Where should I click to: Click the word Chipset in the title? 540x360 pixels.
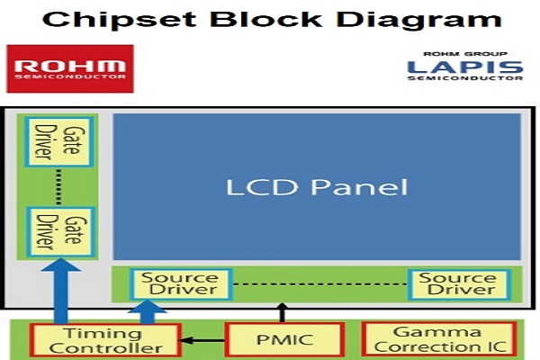pyautogui.click(x=120, y=21)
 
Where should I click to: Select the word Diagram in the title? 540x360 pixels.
pyautogui.click(x=418, y=21)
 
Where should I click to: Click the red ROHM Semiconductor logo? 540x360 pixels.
pyautogui.click(x=70, y=68)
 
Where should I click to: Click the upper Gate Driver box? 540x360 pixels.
pyautogui.click(x=59, y=142)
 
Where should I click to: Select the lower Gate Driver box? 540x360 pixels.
pyautogui.click(x=60, y=231)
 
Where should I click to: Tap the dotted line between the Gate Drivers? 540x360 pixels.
pyautogui.click(x=59, y=186)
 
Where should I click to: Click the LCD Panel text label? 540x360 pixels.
pyautogui.click(x=317, y=187)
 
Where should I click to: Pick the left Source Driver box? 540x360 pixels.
pyautogui.click(x=181, y=284)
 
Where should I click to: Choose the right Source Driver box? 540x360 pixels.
pyautogui.click(x=459, y=284)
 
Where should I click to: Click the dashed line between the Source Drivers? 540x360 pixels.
pyautogui.click(x=319, y=284)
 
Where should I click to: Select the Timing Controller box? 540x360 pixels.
pyautogui.click(x=105, y=340)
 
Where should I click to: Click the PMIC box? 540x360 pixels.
pyautogui.click(x=284, y=339)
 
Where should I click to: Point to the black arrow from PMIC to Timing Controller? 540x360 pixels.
pyautogui.click(x=202, y=340)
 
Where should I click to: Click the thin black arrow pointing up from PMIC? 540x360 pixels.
pyautogui.click(x=283, y=313)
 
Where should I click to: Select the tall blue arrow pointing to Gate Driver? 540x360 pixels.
pyautogui.click(x=61, y=291)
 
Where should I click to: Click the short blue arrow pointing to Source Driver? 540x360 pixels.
pyautogui.click(x=148, y=312)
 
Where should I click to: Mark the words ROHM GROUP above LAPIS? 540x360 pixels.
pyautogui.click(x=465, y=54)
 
